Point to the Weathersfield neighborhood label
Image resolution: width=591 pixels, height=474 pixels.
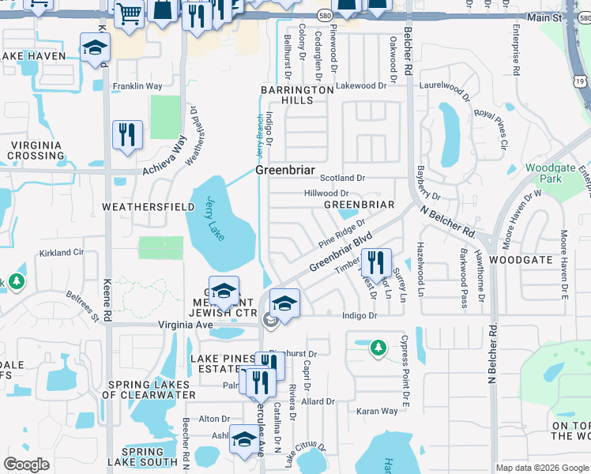(x=149, y=206)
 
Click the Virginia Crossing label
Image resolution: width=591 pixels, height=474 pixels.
(x=42, y=150)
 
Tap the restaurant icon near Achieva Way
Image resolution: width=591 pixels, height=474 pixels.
(x=126, y=134)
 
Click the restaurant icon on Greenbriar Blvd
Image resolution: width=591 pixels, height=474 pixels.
(x=376, y=261)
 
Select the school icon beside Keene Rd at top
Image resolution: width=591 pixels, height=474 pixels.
(x=95, y=48)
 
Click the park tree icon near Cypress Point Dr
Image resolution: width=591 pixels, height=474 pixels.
(x=378, y=347)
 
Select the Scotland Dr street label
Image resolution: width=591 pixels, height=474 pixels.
(x=342, y=179)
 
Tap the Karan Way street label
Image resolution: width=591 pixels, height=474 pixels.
(x=377, y=411)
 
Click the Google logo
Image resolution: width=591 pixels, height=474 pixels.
(x=27, y=465)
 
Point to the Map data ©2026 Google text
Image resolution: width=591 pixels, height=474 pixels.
(x=541, y=468)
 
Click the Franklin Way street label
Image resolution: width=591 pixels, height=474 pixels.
(x=137, y=86)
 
